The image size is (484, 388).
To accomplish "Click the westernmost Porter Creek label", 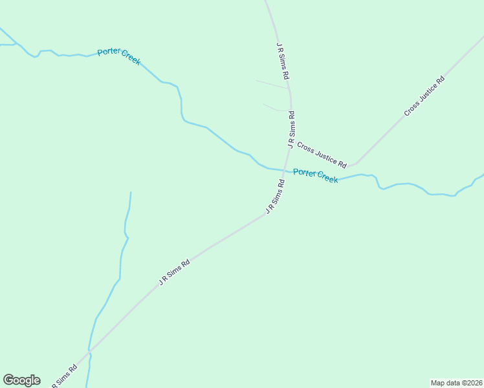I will [x=119, y=57].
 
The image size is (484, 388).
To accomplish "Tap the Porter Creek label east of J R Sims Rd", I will [x=315, y=175].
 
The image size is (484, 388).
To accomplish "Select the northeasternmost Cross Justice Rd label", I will [x=424, y=97].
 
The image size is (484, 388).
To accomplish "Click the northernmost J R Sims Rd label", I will [x=282, y=61].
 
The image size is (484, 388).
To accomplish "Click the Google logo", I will [x=21, y=380].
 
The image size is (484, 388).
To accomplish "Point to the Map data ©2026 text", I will [x=456, y=383].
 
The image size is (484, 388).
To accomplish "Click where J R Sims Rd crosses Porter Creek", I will [x=285, y=170].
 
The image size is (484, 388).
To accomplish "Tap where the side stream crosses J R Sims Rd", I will [x=90, y=352].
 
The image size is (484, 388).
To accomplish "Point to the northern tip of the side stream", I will [x=131, y=192].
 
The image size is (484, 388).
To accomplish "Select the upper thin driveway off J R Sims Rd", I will [x=272, y=84].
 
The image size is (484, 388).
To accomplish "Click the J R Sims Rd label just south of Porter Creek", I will [x=275, y=197].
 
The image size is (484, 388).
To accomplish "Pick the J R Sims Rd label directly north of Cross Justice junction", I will [x=292, y=129].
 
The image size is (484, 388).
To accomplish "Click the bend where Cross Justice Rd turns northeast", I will [x=355, y=163].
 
